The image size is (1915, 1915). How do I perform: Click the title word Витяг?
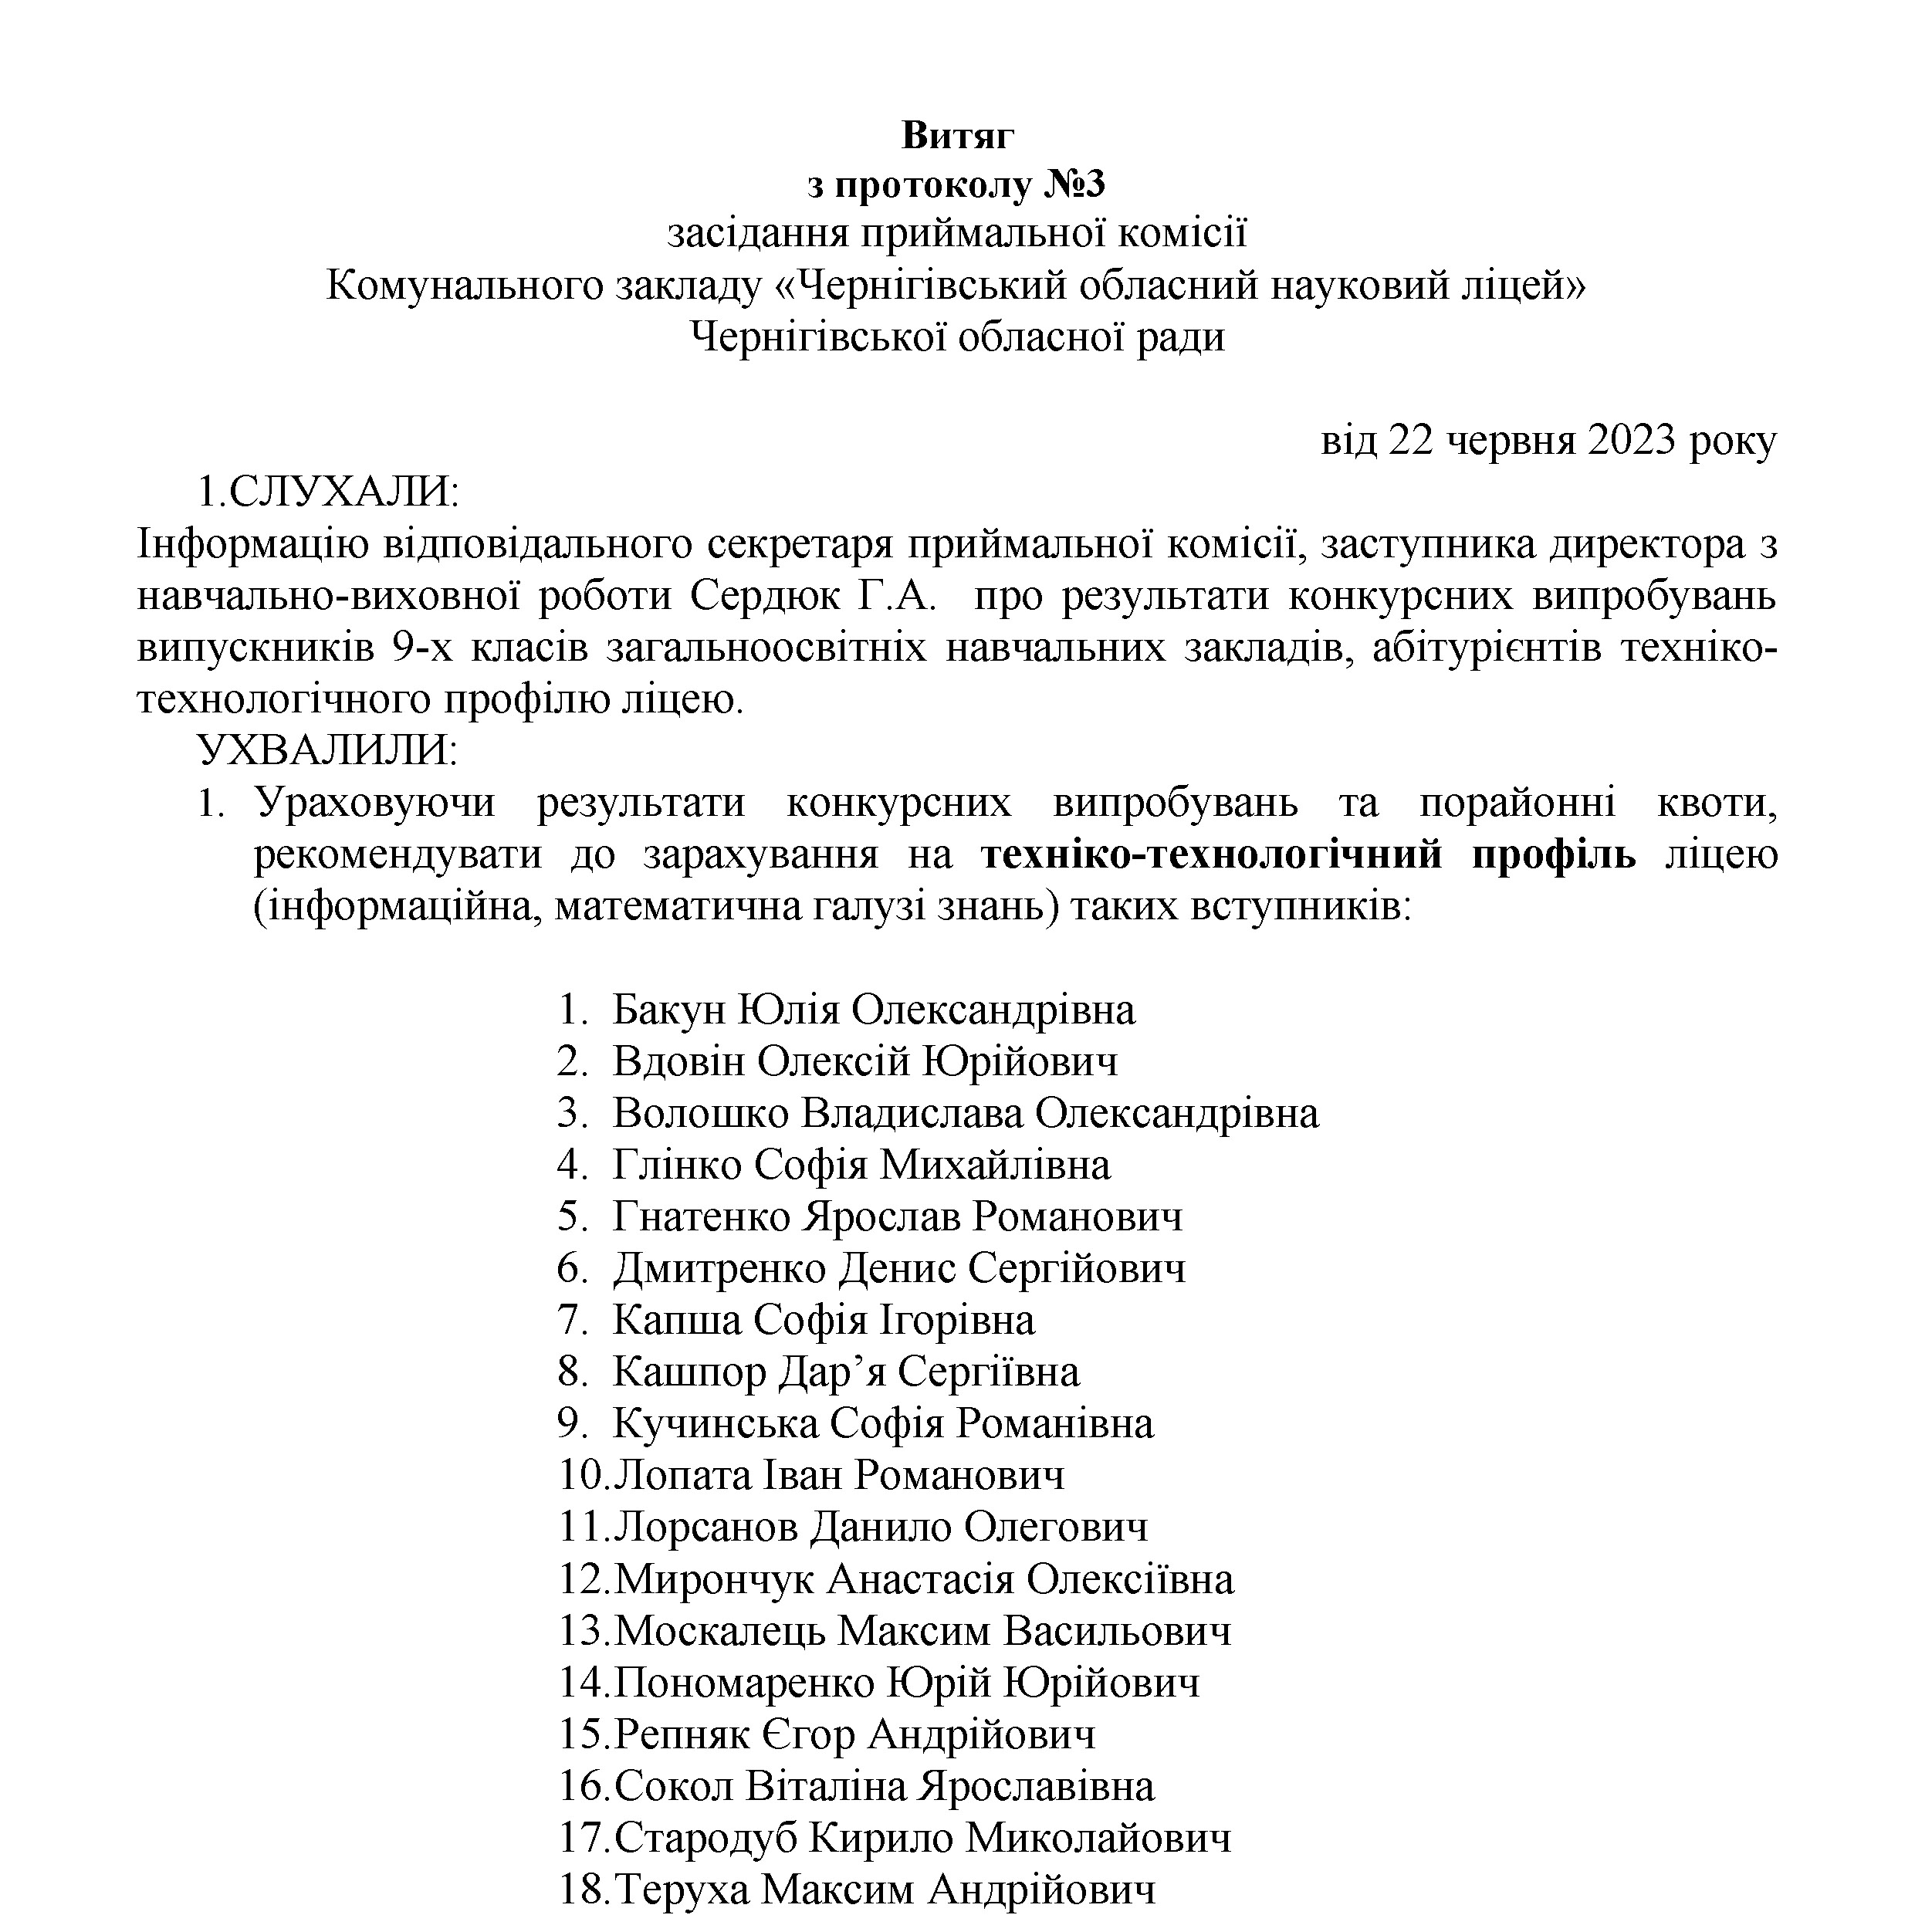(957, 136)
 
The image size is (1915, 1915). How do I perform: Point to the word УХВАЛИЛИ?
(327, 750)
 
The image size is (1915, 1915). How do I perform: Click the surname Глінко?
(677, 1165)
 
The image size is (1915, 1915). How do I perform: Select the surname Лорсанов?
(705, 1527)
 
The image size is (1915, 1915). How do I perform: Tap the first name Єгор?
(809, 1734)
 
